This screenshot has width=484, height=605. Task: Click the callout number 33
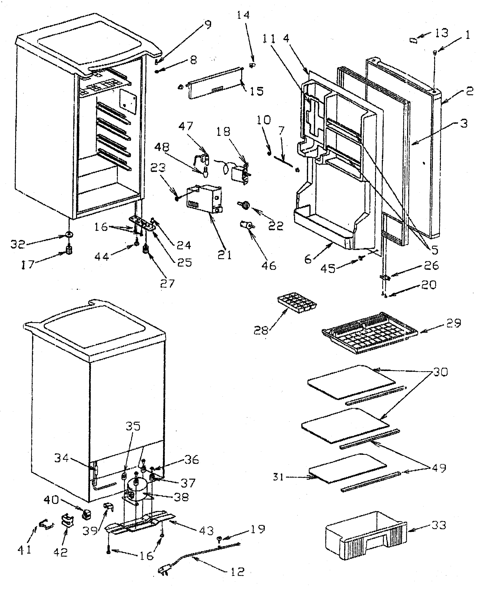tap(438, 525)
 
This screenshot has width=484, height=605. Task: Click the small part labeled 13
tap(414, 40)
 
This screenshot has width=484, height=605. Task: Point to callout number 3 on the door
tap(464, 123)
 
